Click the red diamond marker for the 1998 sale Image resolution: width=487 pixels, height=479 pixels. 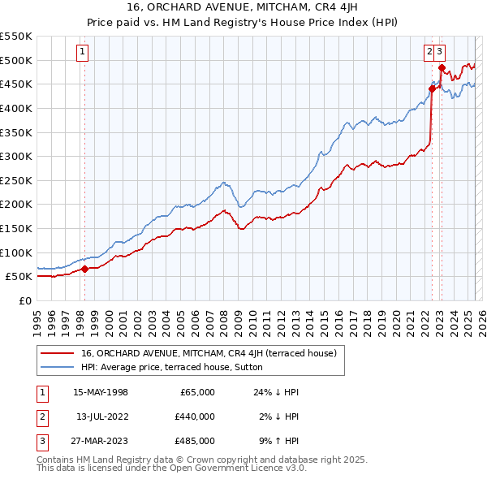pyautogui.click(x=84, y=269)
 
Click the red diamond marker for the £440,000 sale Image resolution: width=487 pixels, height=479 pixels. pyautogui.click(x=432, y=89)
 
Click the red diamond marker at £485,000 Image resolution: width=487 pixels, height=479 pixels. pyautogui.click(x=441, y=67)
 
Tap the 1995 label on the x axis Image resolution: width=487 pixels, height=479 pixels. pyautogui.click(x=38, y=317)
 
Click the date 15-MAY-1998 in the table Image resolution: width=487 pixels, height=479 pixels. pyautogui.click(x=101, y=392)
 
